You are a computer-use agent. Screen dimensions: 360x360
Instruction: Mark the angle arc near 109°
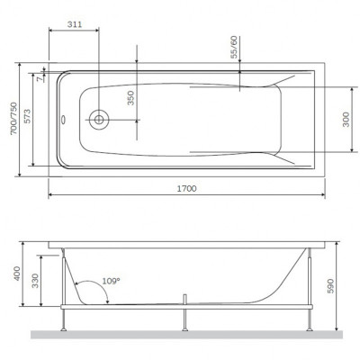[94, 290]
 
